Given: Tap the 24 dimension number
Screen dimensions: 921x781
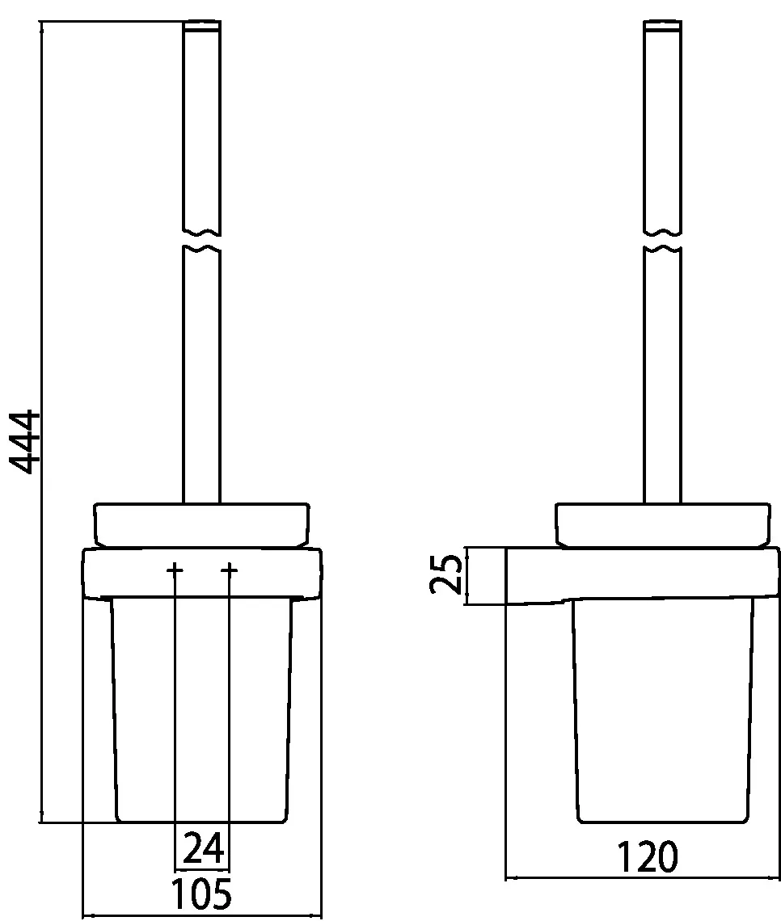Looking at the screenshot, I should coord(203,848).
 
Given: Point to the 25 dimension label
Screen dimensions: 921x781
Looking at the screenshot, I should coord(447,575).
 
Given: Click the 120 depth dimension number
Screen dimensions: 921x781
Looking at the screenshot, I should coord(647,857).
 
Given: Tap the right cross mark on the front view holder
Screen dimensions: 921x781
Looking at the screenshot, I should coord(230,571).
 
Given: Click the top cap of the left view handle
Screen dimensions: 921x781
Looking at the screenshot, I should coord(202,26).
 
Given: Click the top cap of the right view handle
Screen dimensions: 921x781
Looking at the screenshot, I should coord(662,26).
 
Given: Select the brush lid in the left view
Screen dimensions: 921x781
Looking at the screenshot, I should coord(202,524).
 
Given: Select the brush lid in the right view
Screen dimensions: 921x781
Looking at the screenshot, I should coord(662,524).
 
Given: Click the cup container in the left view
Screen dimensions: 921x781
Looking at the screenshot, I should coord(202,711).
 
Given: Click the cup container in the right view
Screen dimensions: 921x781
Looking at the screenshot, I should coord(665,711).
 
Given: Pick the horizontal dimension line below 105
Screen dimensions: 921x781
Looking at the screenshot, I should coord(202,915).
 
